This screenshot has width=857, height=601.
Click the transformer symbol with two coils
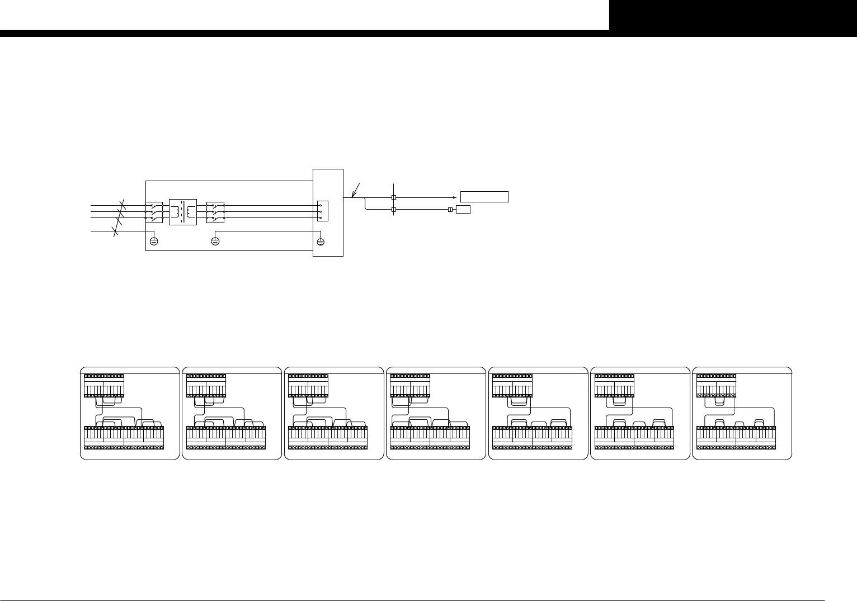point(183,212)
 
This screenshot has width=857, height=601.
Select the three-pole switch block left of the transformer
point(154,212)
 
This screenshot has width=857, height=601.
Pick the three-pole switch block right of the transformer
point(215,212)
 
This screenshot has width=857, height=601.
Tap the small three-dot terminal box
point(322,211)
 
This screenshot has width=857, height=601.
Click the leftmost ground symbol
point(154,242)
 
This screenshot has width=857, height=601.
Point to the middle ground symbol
point(215,242)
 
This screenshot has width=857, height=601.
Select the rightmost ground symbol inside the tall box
point(321,242)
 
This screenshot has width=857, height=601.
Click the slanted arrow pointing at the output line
point(357,190)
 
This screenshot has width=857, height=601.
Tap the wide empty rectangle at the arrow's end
point(484,197)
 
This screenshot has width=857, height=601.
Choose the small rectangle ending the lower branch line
point(463,210)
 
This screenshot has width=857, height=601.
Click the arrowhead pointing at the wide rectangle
point(454,197)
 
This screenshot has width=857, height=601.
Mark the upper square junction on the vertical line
point(394,197)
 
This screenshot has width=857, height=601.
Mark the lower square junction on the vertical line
point(394,210)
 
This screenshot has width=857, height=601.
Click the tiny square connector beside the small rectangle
point(451,210)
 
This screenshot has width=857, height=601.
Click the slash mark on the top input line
point(123,205)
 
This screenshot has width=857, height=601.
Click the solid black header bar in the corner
point(733,15)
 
